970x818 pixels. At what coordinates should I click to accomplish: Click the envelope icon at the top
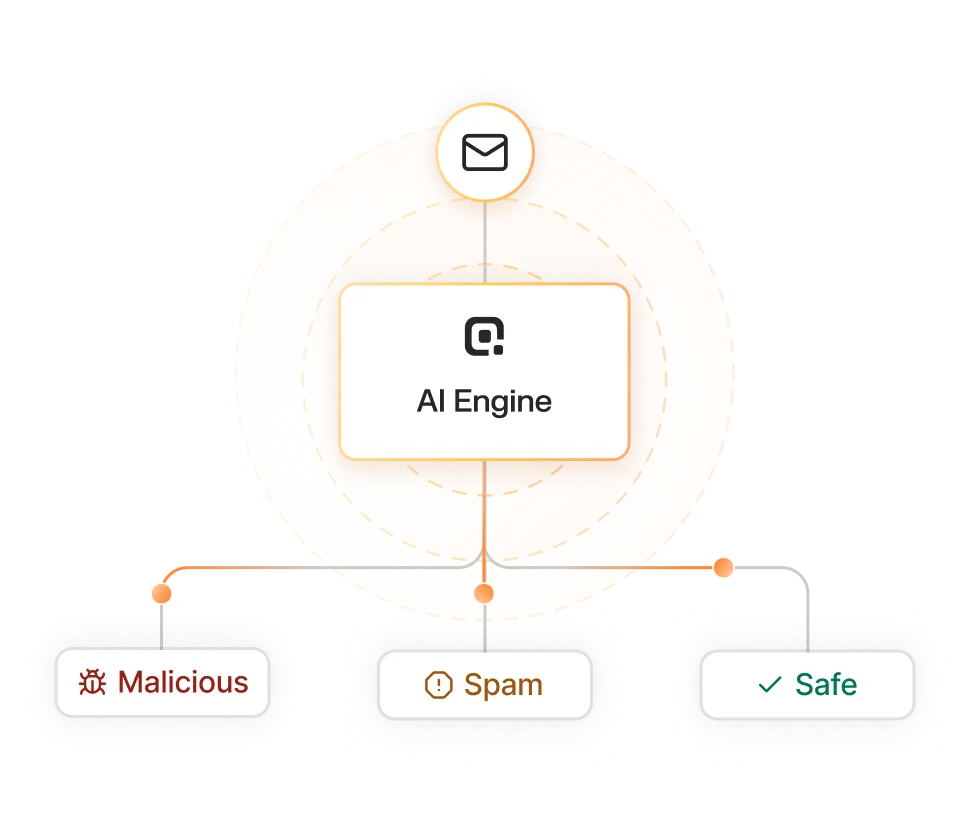[x=485, y=153]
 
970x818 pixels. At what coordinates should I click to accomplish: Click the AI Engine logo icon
[x=484, y=336]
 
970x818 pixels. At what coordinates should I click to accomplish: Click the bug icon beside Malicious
[x=94, y=683]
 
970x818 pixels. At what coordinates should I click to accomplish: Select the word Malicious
[x=182, y=682]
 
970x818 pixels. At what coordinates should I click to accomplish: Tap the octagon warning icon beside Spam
[x=438, y=685]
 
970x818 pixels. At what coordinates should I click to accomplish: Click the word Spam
[x=503, y=685]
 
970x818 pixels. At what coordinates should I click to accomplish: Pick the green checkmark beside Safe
[x=770, y=685]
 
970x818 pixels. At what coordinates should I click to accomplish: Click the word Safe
[x=826, y=685]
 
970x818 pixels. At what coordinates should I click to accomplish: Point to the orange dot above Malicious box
[x=161, y=593]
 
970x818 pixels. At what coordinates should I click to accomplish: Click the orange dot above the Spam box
[x=484, y=594]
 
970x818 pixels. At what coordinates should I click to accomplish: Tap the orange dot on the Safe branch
[x=724, y=567]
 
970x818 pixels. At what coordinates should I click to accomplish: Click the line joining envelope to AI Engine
[x=485, y=240]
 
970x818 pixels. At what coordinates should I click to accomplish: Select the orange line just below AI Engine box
[x=485, y=500]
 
